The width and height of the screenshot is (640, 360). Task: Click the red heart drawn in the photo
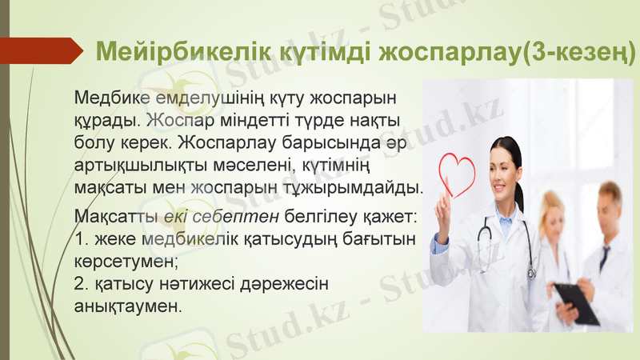[458, 170]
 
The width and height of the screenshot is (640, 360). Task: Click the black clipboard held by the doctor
[576, 302]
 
